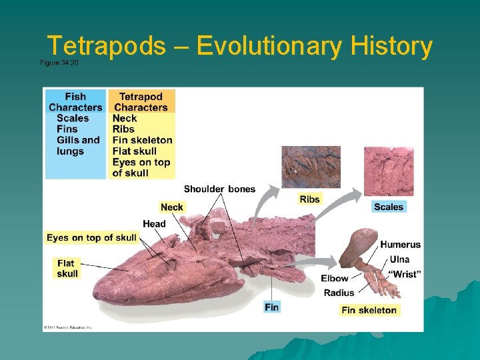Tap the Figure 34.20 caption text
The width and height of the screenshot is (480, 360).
click(59, 62)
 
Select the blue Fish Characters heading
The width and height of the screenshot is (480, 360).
click(75, 102)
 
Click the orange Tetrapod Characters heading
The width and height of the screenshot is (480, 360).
click(141, 102)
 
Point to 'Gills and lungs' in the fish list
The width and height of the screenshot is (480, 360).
click(78, 145)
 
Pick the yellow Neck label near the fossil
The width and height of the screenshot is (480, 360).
click(172, 207)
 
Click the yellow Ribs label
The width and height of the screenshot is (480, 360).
click(309, 199)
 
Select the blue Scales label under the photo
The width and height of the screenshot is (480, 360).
click(389, 207)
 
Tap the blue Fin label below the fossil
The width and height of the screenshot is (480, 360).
click(271, 307)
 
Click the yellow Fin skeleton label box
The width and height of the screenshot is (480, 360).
click(369, 310)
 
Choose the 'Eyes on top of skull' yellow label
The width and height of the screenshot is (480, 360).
click(91, 237)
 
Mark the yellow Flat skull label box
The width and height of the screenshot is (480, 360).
click(67, 268)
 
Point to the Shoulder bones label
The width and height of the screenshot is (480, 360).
click(219, 189)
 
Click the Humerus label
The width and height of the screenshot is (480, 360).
click(400, 245)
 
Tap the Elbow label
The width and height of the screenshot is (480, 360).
click(335, 278)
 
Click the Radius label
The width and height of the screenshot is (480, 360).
click(339, 293)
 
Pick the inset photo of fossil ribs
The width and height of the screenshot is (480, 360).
click(311, 167)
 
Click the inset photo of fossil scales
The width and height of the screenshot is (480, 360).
click(388, 171)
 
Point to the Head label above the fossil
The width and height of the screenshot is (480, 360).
click(154, 223)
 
